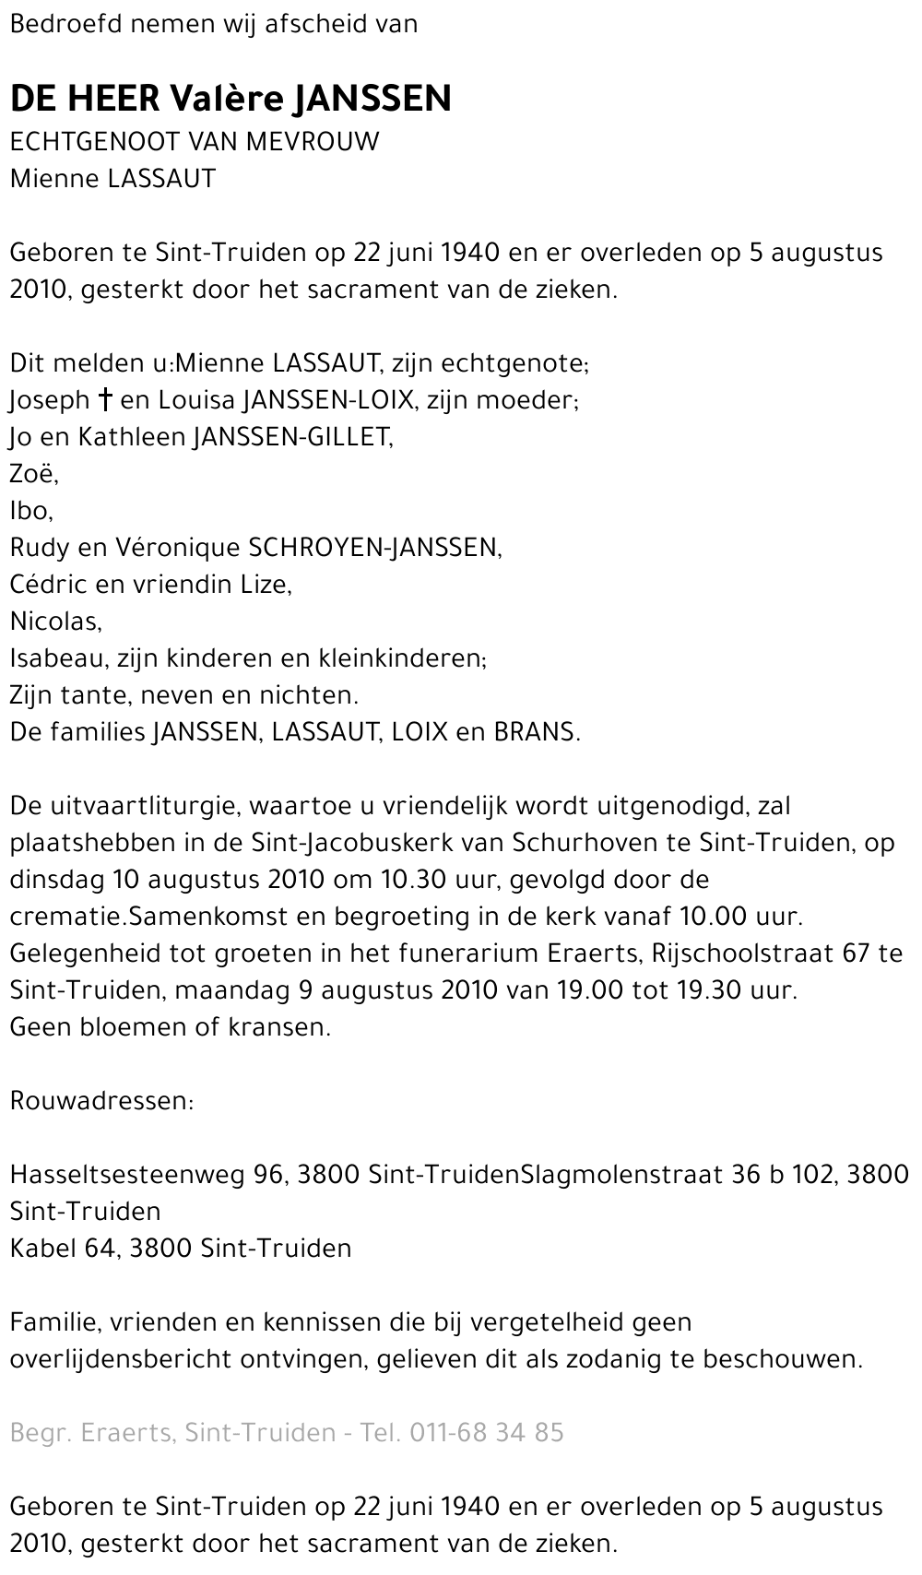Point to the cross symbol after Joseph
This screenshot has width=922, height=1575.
[x=106, y=400]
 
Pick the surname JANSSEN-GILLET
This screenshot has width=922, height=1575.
[x=291, y=437]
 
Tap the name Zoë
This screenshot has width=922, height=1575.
[x=33, y=474]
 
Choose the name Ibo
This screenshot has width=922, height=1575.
[x=30, y=511]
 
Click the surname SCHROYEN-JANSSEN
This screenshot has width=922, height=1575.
[x=373, y=548]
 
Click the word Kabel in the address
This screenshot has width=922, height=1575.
[x=42, y=1249]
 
